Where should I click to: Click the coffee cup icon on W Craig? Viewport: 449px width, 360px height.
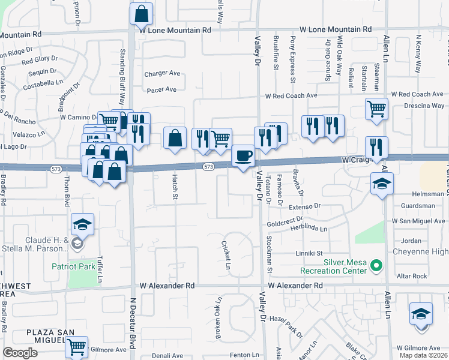point(243,156)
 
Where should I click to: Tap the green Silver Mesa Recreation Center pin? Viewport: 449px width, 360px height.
point(376,265)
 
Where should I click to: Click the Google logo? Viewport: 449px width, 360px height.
point(20,353)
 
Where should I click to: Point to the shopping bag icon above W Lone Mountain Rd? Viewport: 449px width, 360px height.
point(141,13)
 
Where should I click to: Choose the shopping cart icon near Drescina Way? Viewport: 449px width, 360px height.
point(376,109)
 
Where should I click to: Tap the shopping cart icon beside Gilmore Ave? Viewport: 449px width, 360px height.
point(76,346)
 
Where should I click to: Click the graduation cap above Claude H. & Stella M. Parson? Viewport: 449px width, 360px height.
point(82,224)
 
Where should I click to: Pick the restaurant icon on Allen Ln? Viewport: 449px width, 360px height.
point(376,147)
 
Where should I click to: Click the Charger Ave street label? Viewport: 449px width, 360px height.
point(162,74)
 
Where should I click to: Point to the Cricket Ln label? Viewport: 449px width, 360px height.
point(226,255)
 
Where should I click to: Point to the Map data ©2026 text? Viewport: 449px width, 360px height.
point(423,355)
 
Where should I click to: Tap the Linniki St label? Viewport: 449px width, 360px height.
point(309,253)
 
